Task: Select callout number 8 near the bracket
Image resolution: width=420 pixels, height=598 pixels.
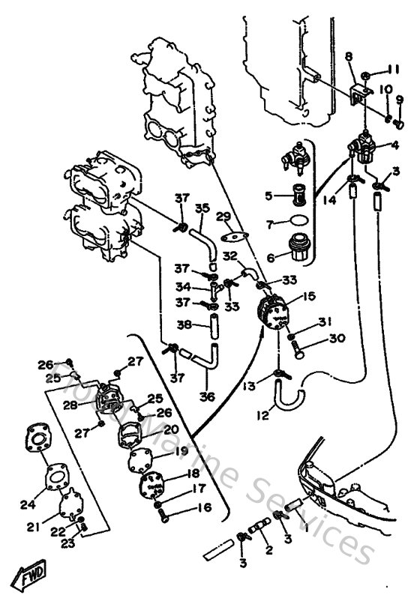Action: click(349, 56)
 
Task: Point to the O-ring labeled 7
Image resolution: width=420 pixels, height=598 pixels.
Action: click(298, 222)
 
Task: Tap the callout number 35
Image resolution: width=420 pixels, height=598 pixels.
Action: click(201, 208)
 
